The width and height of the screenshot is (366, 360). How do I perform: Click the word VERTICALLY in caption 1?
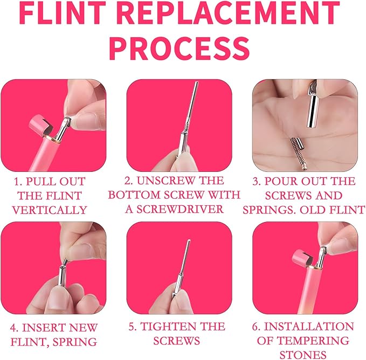pos(50,210)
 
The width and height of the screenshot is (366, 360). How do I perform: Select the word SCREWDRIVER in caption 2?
pos(180,209)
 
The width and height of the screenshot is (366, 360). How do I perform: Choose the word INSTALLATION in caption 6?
pos(308,327)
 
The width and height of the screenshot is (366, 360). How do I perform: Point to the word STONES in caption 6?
pos(303,355)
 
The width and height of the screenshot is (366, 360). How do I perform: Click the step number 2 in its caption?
pos(128,181)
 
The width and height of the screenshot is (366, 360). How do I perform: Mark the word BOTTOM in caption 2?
pos(134,195)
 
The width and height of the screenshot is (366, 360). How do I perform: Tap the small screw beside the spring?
pos(300,143)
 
